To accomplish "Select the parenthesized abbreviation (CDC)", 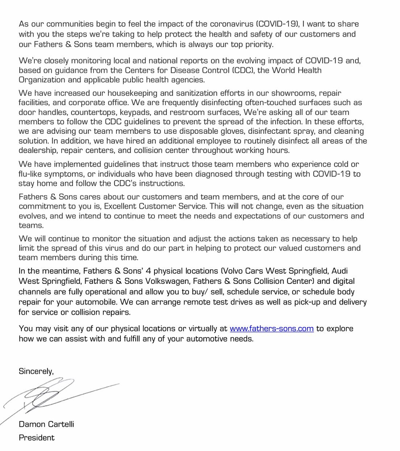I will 242,70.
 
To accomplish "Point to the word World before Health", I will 284,70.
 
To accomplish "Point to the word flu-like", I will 33,174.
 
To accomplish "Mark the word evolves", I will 33,216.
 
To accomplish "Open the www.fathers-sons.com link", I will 272,329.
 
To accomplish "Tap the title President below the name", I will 37,438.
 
